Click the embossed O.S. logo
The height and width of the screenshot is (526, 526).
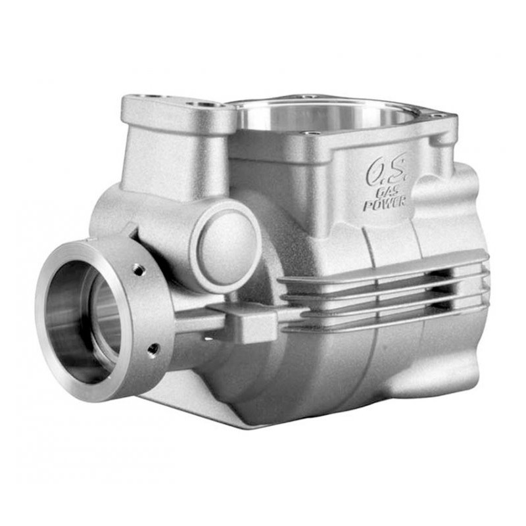387,170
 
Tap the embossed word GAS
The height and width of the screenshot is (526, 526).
388,192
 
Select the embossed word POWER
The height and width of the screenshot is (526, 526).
385,203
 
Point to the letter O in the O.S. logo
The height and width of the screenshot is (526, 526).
375,172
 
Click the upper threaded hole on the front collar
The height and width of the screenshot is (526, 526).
139,269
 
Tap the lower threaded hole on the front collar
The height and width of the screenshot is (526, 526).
153,350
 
